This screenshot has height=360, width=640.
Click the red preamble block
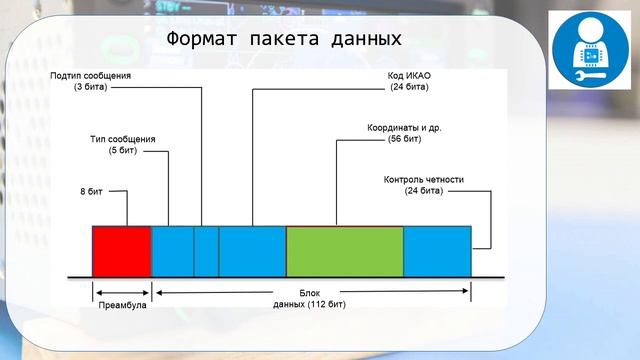coord(121,251)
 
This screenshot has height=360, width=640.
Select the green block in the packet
coord(345,251)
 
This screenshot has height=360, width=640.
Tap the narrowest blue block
coord(206,251)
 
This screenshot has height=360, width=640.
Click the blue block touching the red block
coord(172,251)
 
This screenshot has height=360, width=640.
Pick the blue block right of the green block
coord(437,251)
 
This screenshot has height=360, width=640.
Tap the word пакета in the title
coord(285,39)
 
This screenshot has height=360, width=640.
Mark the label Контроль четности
coord(424,180)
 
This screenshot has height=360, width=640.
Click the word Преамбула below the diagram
coord(122,304)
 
